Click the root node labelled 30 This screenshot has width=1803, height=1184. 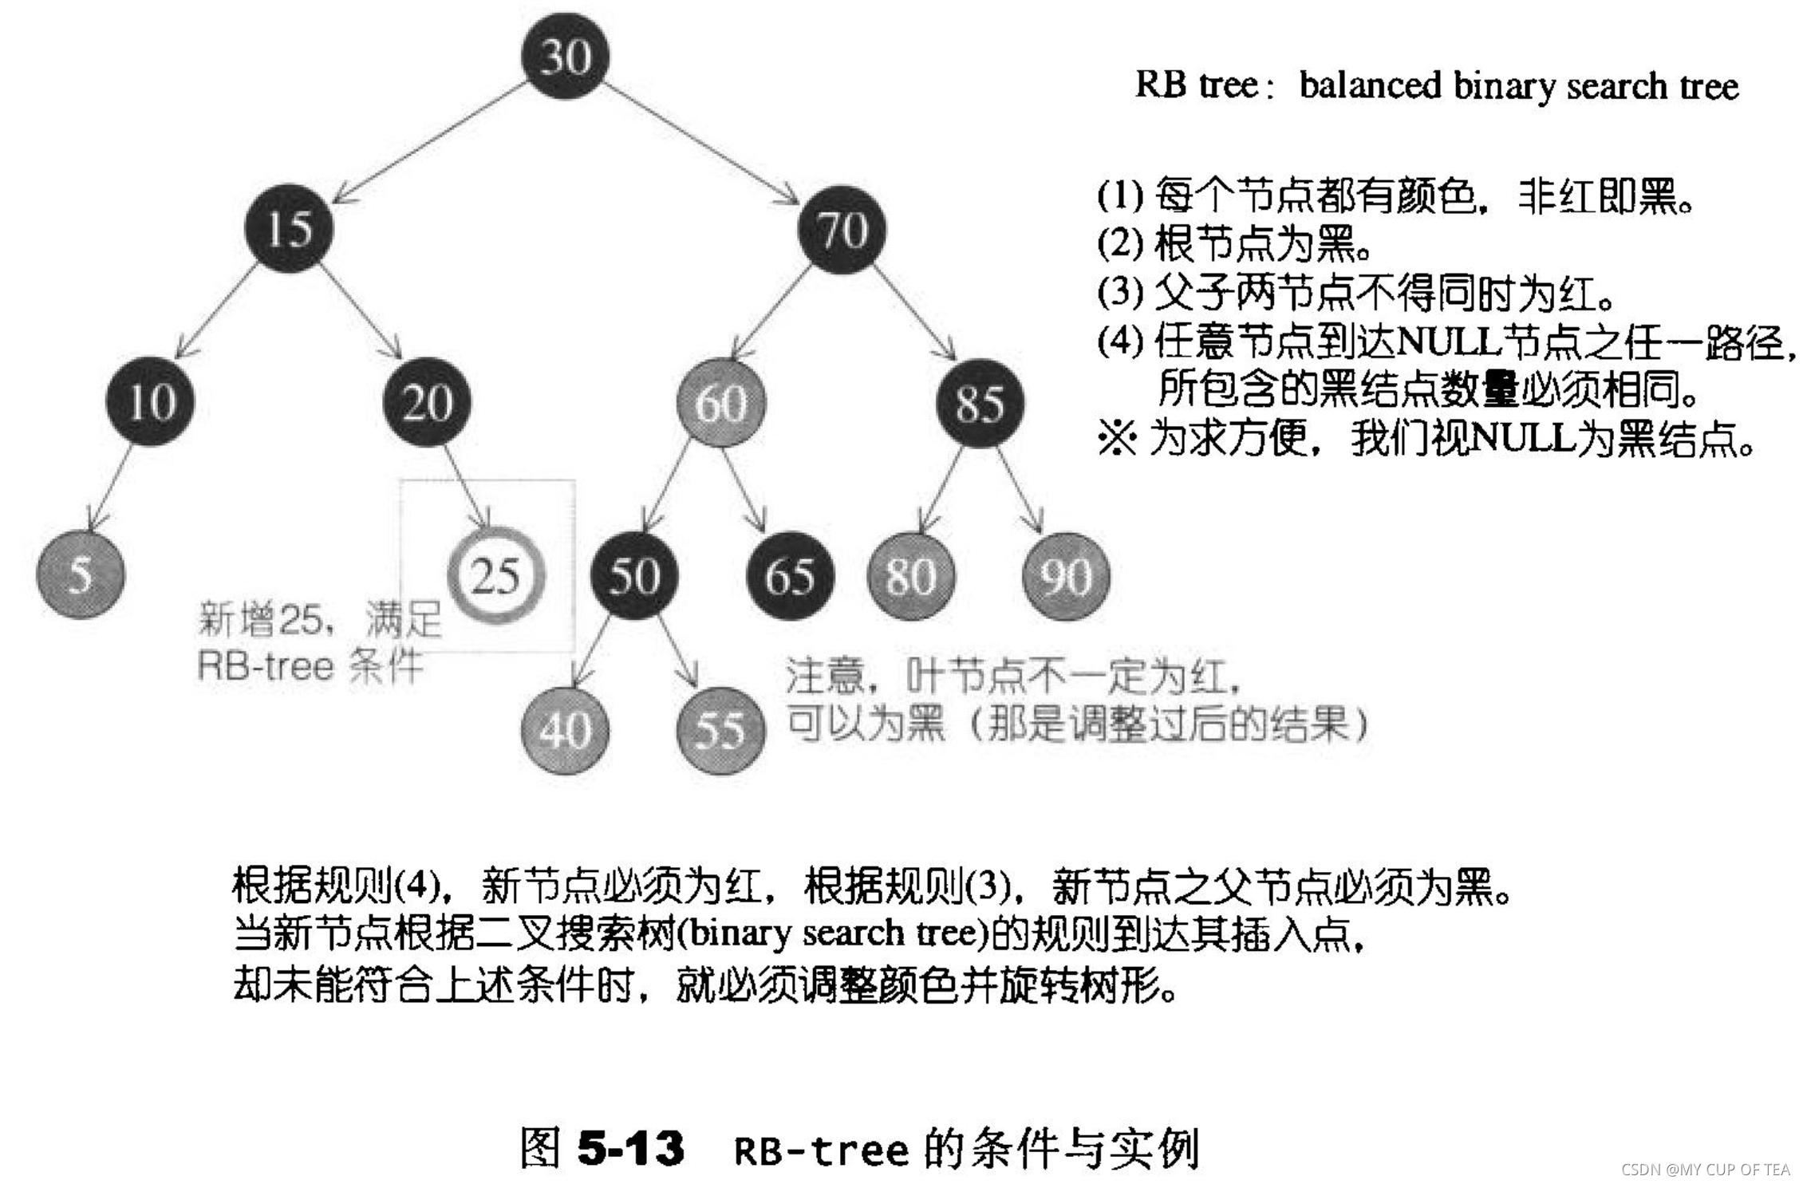coord(565,57)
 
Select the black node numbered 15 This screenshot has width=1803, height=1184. coord(288,229)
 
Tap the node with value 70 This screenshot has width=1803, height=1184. coord(842,230)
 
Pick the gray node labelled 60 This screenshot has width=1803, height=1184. coord(720,402)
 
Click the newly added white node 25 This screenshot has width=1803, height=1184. coord(495,575)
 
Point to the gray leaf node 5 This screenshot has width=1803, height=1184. coord(81,574)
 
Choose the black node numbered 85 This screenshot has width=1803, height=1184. coord(980,403)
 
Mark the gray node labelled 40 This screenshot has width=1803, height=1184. coord(565,730)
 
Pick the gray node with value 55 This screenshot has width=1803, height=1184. coord(720,730)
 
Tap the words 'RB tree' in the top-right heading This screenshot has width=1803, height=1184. coord(1196,85)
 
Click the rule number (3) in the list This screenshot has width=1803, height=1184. coord(1120,293)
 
